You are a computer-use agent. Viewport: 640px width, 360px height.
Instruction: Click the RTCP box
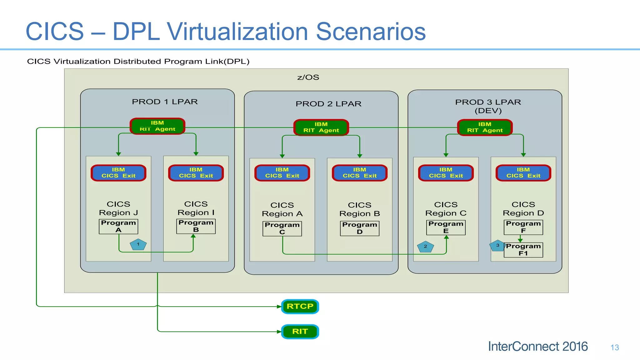coord(300,306)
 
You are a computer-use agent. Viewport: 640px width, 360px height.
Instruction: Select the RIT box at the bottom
coord(300,332)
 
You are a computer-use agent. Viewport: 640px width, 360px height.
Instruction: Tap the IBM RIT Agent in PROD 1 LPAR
coord(157,126)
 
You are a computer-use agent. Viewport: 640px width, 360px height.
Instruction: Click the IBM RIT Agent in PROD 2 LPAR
coord(321,127)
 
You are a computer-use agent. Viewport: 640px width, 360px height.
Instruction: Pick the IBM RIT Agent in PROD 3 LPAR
coord(485,127)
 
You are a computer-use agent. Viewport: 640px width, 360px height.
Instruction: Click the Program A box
coord(118,227)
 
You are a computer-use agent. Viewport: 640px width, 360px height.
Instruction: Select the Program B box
coord(196,226)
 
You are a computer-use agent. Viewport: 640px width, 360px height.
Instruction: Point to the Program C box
coord(282,228)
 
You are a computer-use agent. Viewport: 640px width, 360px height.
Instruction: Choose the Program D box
coord(360,228)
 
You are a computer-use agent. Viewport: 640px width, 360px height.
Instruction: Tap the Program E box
coord(446,227)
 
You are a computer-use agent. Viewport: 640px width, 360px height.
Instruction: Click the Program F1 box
coord(523,250)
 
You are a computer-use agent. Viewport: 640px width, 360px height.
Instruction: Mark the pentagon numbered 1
coord(138,245)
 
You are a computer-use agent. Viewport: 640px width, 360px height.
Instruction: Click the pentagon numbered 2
coord(425,247)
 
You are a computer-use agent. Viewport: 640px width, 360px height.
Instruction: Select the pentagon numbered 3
coord(497,246)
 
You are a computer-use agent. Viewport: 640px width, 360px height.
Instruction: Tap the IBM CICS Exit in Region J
coord(118,173)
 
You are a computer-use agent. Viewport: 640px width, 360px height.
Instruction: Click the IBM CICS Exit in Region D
coord(523,173)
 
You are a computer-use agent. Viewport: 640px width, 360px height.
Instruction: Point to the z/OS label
coord(308,77)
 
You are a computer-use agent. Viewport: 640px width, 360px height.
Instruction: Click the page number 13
coord(615,347)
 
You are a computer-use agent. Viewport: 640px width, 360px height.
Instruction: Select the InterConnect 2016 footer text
coord(538,347)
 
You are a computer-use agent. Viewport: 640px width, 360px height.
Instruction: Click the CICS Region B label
coord(360,209)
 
